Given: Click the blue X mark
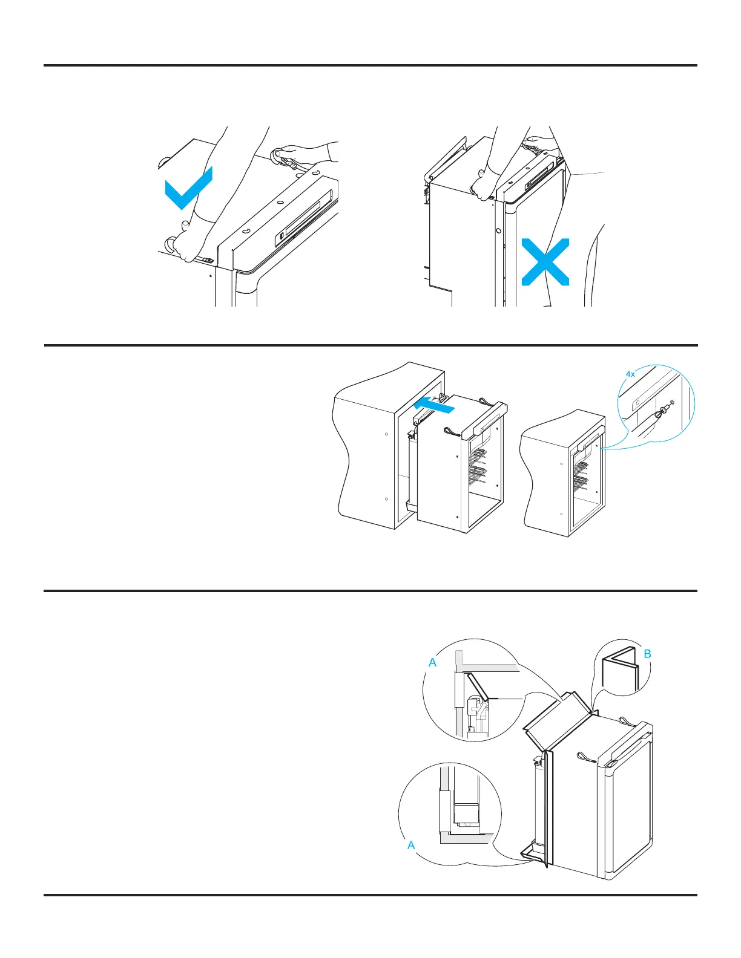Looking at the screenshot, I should click(545, 262).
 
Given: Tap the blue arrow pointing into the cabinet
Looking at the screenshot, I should click(432, 405).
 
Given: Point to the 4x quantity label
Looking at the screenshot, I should click(630, 374).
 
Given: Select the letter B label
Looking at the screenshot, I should click(647, 654).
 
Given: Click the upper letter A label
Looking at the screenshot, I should click(432, 663).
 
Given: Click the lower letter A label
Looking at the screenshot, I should click(411, 845).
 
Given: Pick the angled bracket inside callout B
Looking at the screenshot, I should click(619, 671).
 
